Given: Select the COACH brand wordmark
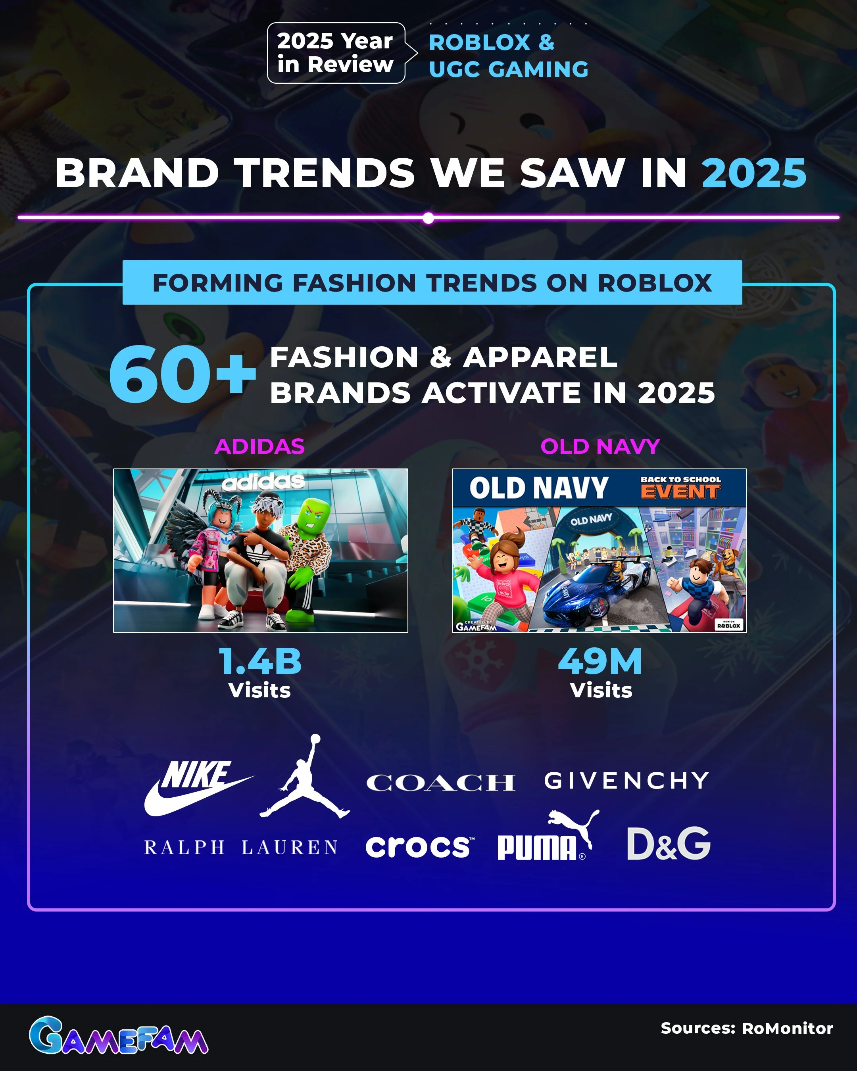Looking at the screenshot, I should (x=440, y=783).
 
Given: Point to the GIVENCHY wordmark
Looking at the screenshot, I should (x=626, y=781).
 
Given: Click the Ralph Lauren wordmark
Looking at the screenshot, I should (x=241, y=847).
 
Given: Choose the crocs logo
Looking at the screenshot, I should (x=419, y=847).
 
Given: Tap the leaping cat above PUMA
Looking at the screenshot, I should (x=575, y=825).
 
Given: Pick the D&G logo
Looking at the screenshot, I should (x=668, y=844).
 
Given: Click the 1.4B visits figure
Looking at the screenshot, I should (x=260, y=661).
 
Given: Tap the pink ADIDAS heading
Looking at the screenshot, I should (x=259, y=447).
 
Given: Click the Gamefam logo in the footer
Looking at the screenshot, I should (x=118, y=1036).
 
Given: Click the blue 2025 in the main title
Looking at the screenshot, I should (x=754, y=173).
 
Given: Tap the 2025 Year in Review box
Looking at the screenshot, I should (x=336, y=53).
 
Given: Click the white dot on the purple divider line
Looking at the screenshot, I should (x=428, y=218).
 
